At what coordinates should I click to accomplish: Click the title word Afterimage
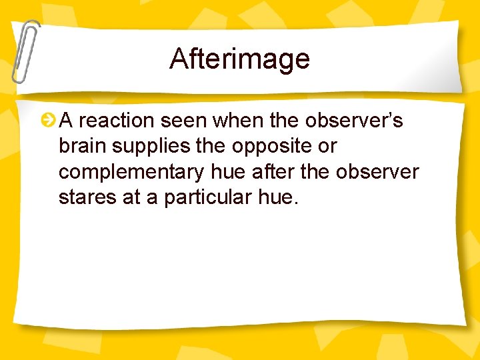coord(239,59)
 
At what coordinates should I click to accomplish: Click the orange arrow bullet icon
coord(48,121)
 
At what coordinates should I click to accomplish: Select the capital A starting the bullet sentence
coord(66,121)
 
